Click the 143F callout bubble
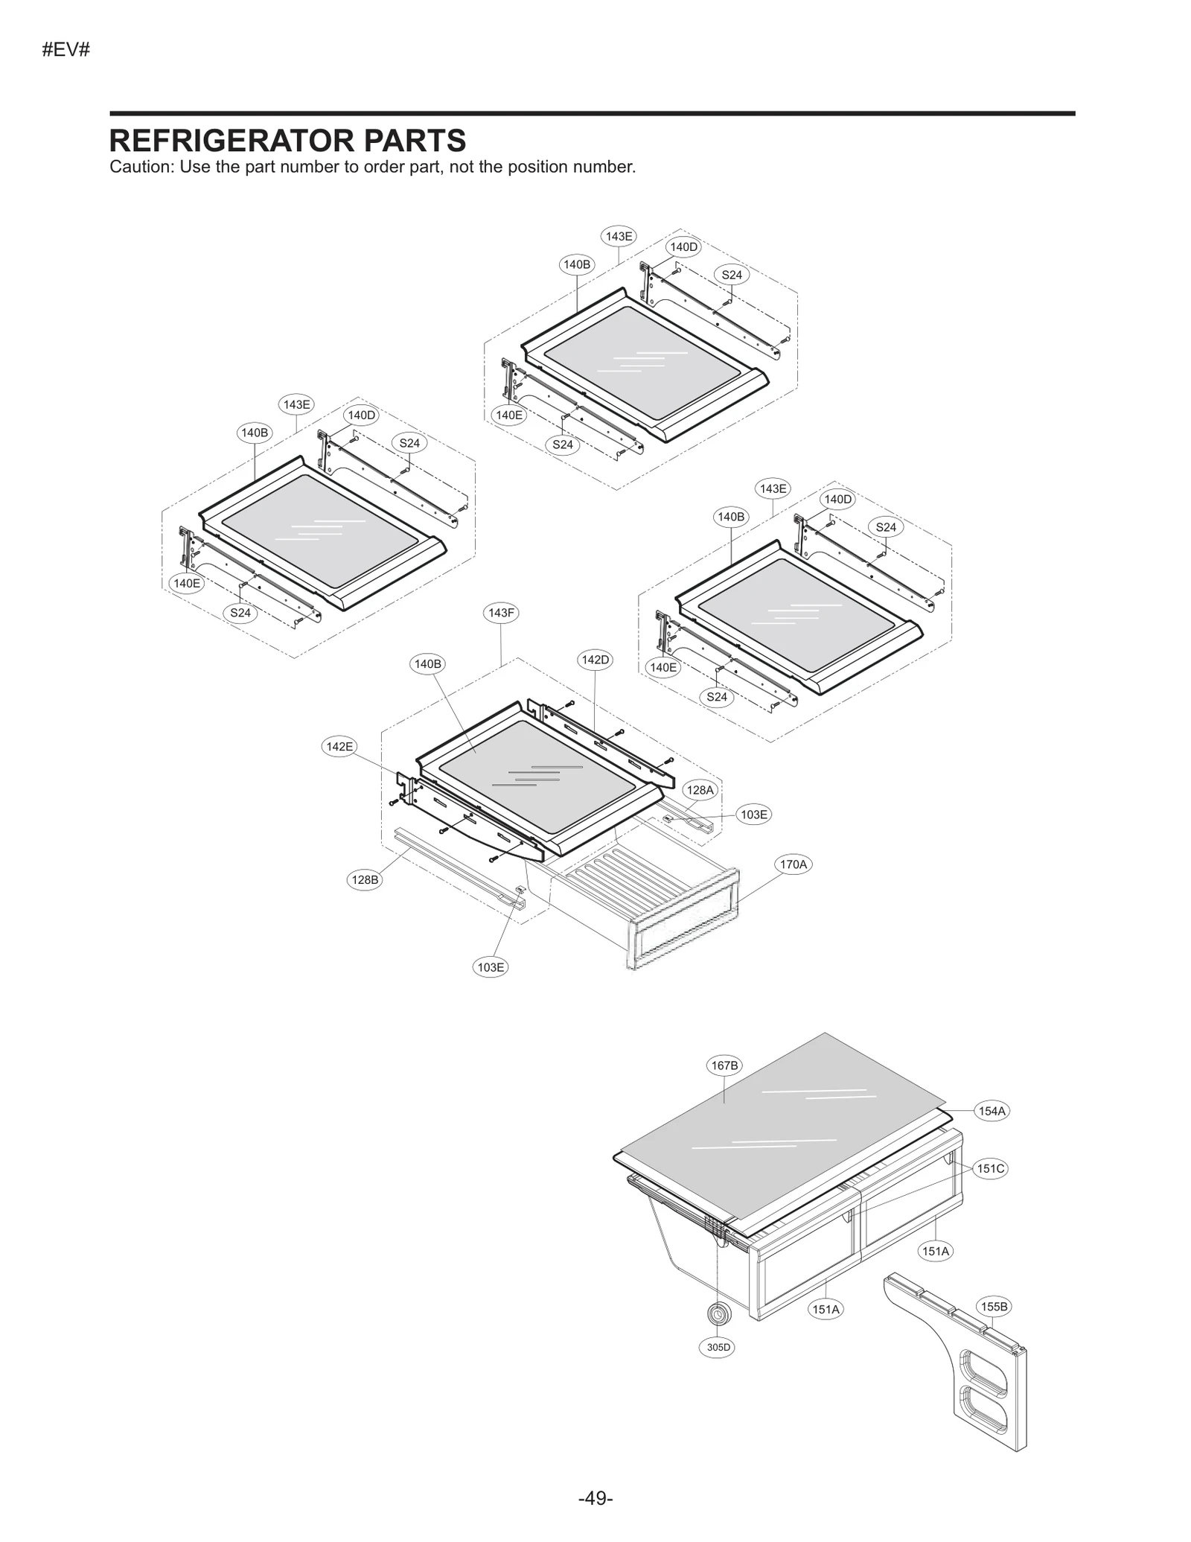point(500,613)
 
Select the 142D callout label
point(595,660)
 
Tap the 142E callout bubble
point(339,746)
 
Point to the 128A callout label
point(699,790)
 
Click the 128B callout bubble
point(365,879)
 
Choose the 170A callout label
point(793,864)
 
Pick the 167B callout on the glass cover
point(724,1065)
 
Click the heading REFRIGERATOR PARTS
point(287,140)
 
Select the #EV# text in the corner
point(66,50)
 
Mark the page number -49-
point(595,1498)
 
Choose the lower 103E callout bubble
point(491,967)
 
